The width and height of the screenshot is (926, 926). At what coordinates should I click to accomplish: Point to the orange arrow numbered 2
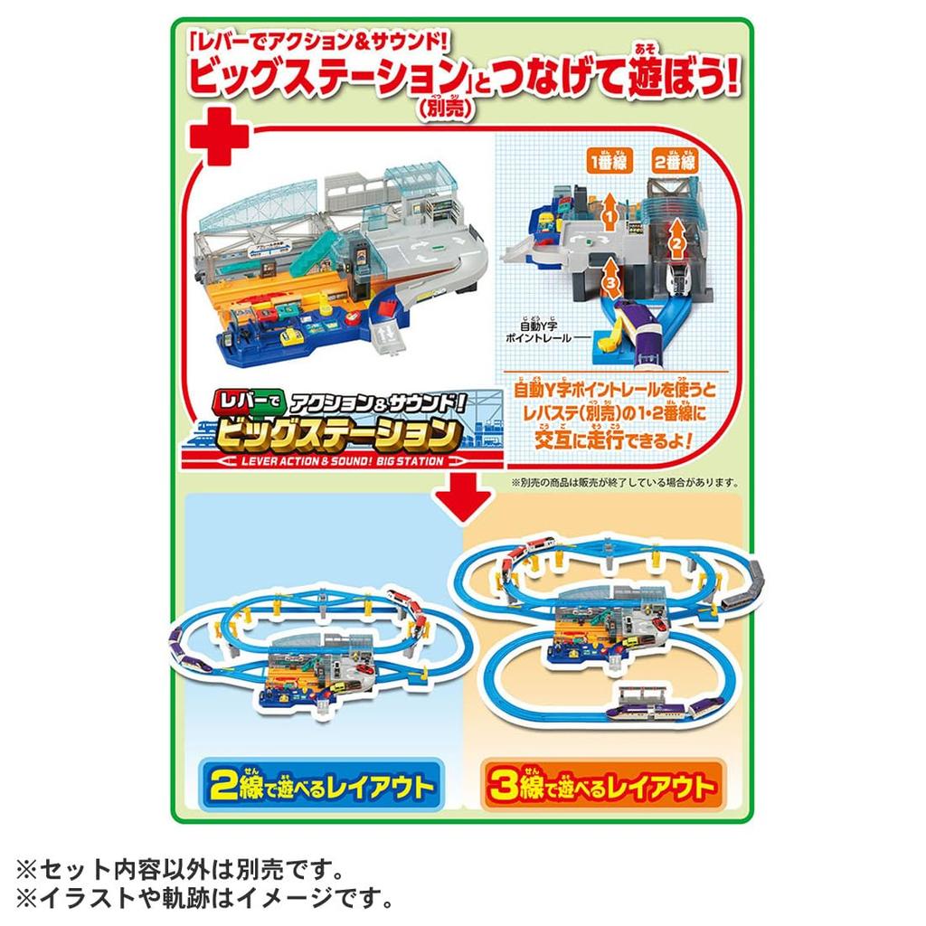674,237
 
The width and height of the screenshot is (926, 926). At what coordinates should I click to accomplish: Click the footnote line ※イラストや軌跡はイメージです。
203,900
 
